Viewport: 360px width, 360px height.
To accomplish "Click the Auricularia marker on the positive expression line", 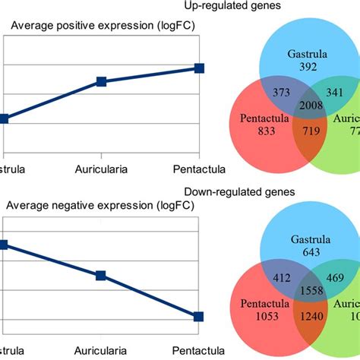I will tap(100, 81).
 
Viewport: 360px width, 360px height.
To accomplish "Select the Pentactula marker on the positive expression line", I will tap(199, 68).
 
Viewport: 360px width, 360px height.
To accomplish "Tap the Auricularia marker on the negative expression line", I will tap(100, 276).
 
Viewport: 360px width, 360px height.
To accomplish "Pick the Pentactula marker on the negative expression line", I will tap(199, 316).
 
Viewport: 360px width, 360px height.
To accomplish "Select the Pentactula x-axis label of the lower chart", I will tap(199, 352).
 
